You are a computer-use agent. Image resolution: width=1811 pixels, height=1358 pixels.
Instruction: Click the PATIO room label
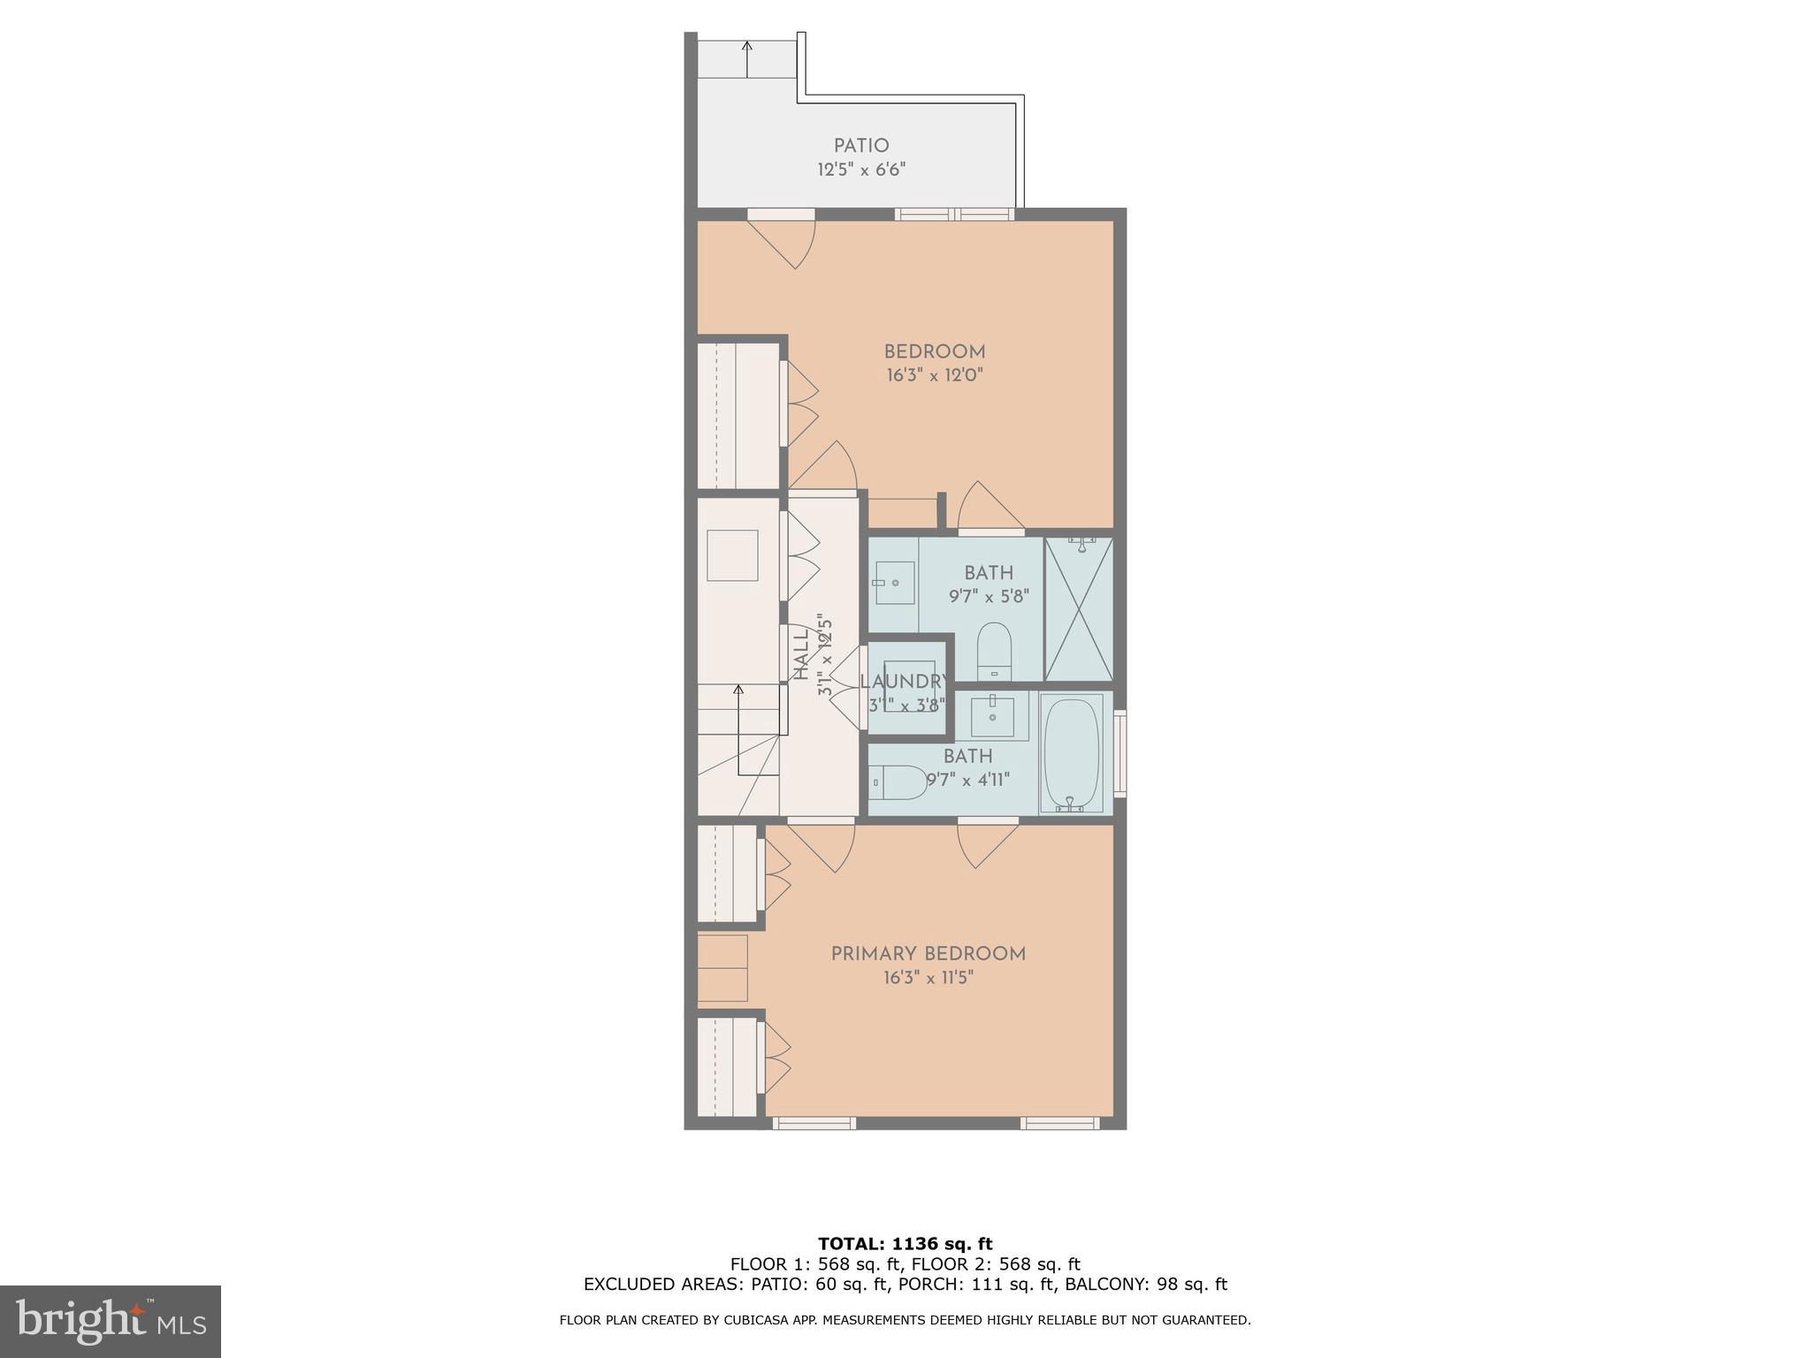tap(861, 146)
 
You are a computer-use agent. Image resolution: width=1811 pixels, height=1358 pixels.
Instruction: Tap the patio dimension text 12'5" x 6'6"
tap(861, 170)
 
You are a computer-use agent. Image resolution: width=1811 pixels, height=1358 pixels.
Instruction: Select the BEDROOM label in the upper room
tap(935, 352)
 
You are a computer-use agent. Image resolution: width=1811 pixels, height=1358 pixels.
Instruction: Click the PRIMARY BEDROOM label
tap(928, 954)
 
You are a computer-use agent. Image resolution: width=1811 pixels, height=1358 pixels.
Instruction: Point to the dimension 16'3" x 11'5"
tap(928, 978)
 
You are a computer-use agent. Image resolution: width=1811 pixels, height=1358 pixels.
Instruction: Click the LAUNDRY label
tap(905, 682)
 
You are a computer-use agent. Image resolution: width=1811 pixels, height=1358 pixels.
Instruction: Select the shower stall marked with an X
tap(1079, 610)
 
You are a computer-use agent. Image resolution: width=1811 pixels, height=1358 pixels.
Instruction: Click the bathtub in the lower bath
tap(1072, 753)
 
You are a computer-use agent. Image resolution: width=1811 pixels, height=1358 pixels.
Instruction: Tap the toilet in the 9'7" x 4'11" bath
tap(898, 782)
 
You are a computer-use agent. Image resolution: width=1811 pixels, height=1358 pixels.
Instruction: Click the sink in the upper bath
tap(894, 583)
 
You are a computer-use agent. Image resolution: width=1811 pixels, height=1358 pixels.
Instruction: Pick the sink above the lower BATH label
tap(993, 716)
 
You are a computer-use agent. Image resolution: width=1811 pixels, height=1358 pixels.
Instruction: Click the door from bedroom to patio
tap(782, 237)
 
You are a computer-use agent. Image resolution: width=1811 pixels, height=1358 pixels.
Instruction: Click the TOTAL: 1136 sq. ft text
tap(905, 1244)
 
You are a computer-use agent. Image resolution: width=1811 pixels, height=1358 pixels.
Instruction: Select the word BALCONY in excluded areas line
tap(1102, 1285)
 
